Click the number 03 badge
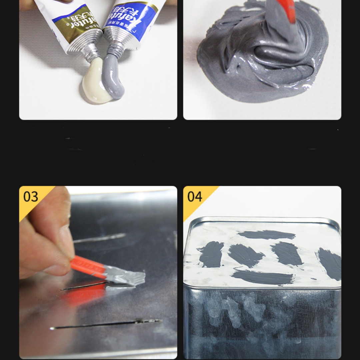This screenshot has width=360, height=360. [31, 197]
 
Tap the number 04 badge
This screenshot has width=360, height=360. [195, 197]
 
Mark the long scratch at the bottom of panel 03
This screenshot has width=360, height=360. [107, 324]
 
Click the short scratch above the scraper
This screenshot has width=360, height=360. [100, 238]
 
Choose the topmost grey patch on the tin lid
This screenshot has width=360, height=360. [267, 235]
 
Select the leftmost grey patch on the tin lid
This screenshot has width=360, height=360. [211, 254]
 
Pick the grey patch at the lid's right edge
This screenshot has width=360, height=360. [330, 263]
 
